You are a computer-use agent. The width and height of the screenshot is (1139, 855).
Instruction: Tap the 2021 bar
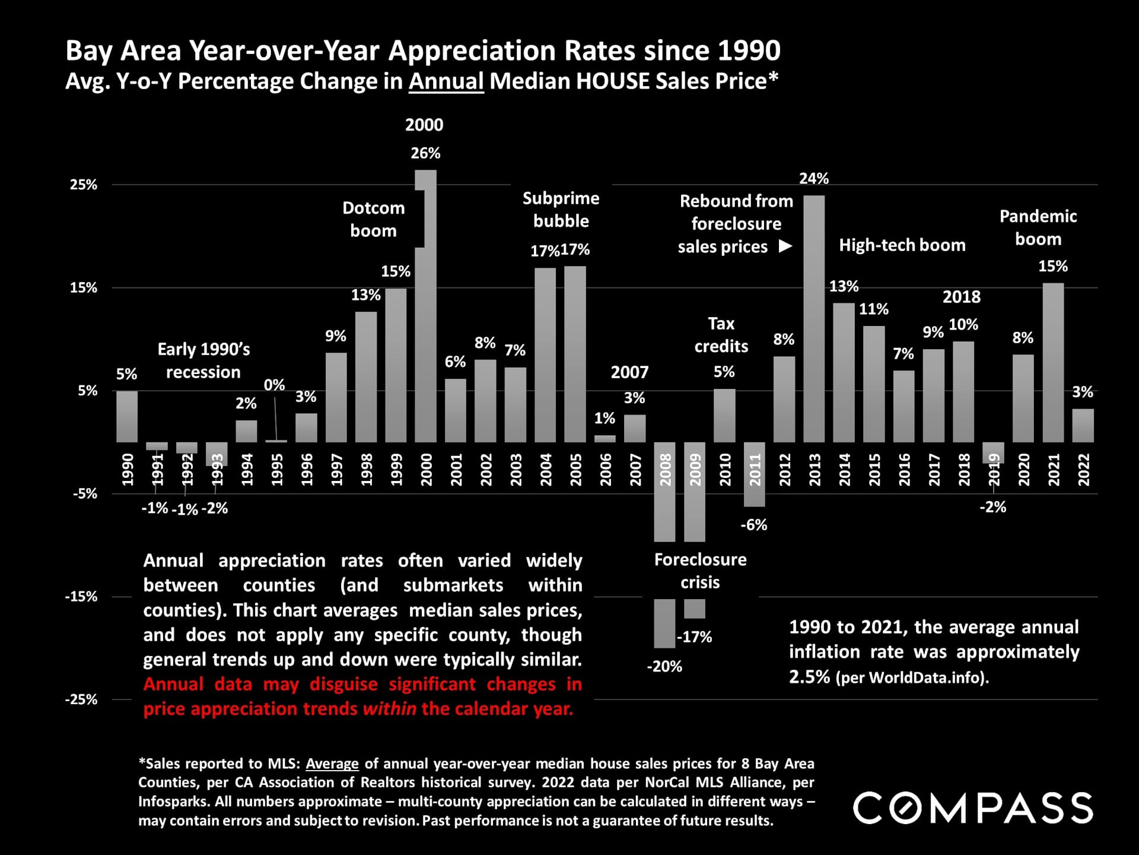point(1053,362)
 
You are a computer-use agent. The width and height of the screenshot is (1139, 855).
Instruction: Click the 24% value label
point(814,178)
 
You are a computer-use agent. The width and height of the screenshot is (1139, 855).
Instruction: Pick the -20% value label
point(664,666)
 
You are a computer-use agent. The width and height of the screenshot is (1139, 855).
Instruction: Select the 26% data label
point(425,153)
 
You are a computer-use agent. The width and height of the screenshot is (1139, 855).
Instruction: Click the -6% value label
point(754,525)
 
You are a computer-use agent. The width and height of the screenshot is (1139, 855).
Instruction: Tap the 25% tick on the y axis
point(84,185)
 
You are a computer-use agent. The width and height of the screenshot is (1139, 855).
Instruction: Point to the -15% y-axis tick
point(81,597)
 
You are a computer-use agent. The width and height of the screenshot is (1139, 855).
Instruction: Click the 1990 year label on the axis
point(128,470)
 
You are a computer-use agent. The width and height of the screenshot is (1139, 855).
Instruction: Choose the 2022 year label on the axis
point(1083,470)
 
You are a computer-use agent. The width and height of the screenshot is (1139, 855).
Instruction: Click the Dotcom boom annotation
point(373,219)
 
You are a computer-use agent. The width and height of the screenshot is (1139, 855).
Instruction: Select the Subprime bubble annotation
point(561,210)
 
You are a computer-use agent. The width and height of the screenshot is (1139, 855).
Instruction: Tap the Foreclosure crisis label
point(700,571)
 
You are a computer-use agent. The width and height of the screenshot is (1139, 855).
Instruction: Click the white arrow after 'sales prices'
point(785,246)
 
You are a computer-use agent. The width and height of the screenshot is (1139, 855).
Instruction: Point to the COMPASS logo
point(973,807)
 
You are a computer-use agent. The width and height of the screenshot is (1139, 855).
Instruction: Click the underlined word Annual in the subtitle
point(446,81)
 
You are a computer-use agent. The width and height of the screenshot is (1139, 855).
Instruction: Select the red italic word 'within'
point(389,708)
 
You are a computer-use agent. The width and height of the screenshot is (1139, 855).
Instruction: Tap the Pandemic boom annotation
point(1038,227)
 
